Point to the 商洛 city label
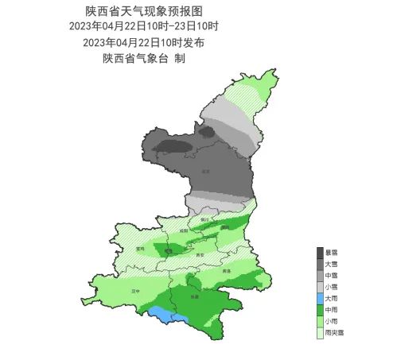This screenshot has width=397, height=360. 227,271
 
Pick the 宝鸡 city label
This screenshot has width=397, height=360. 141,248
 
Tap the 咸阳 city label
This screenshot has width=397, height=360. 184,230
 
